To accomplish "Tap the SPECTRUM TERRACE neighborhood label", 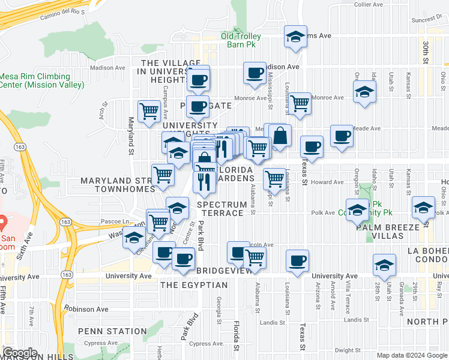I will (x=223, y=209).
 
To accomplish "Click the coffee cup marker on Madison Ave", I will (x=255, y=73).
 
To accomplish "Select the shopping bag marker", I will (x=280, y=136).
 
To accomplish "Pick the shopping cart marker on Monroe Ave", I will (x=300, y=103).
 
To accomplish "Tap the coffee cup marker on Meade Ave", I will (x=342, y=135).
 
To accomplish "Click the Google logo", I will (x=20, y=353).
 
